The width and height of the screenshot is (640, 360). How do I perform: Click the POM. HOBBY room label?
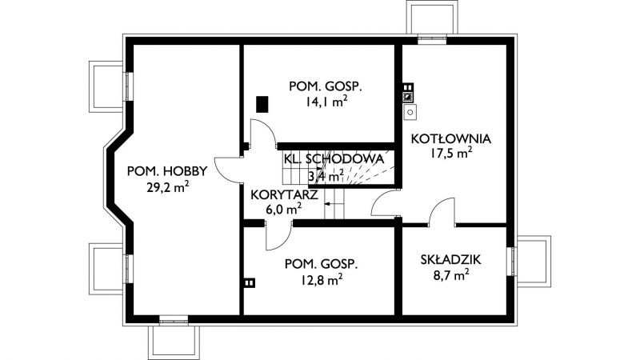point(167,171)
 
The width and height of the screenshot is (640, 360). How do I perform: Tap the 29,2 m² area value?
point(167,187)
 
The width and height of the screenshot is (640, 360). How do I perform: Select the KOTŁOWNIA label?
point(450,138)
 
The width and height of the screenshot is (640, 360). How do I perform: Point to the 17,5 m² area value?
point(451,153)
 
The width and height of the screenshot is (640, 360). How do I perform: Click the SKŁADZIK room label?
point(450,259)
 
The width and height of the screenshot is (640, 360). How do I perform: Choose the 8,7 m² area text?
point(450,275)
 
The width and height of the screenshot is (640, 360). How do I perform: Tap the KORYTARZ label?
point(284,194)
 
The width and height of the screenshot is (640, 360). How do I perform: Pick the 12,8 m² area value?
point(322,280)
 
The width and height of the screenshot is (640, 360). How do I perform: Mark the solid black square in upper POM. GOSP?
point(262,104)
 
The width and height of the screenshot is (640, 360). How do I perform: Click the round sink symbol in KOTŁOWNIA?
point(410,111)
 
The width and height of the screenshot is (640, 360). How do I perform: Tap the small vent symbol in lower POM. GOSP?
point(250,282)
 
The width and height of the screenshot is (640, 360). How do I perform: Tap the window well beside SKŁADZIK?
point(533,262)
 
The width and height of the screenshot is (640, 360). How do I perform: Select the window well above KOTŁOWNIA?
point(432,17)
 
